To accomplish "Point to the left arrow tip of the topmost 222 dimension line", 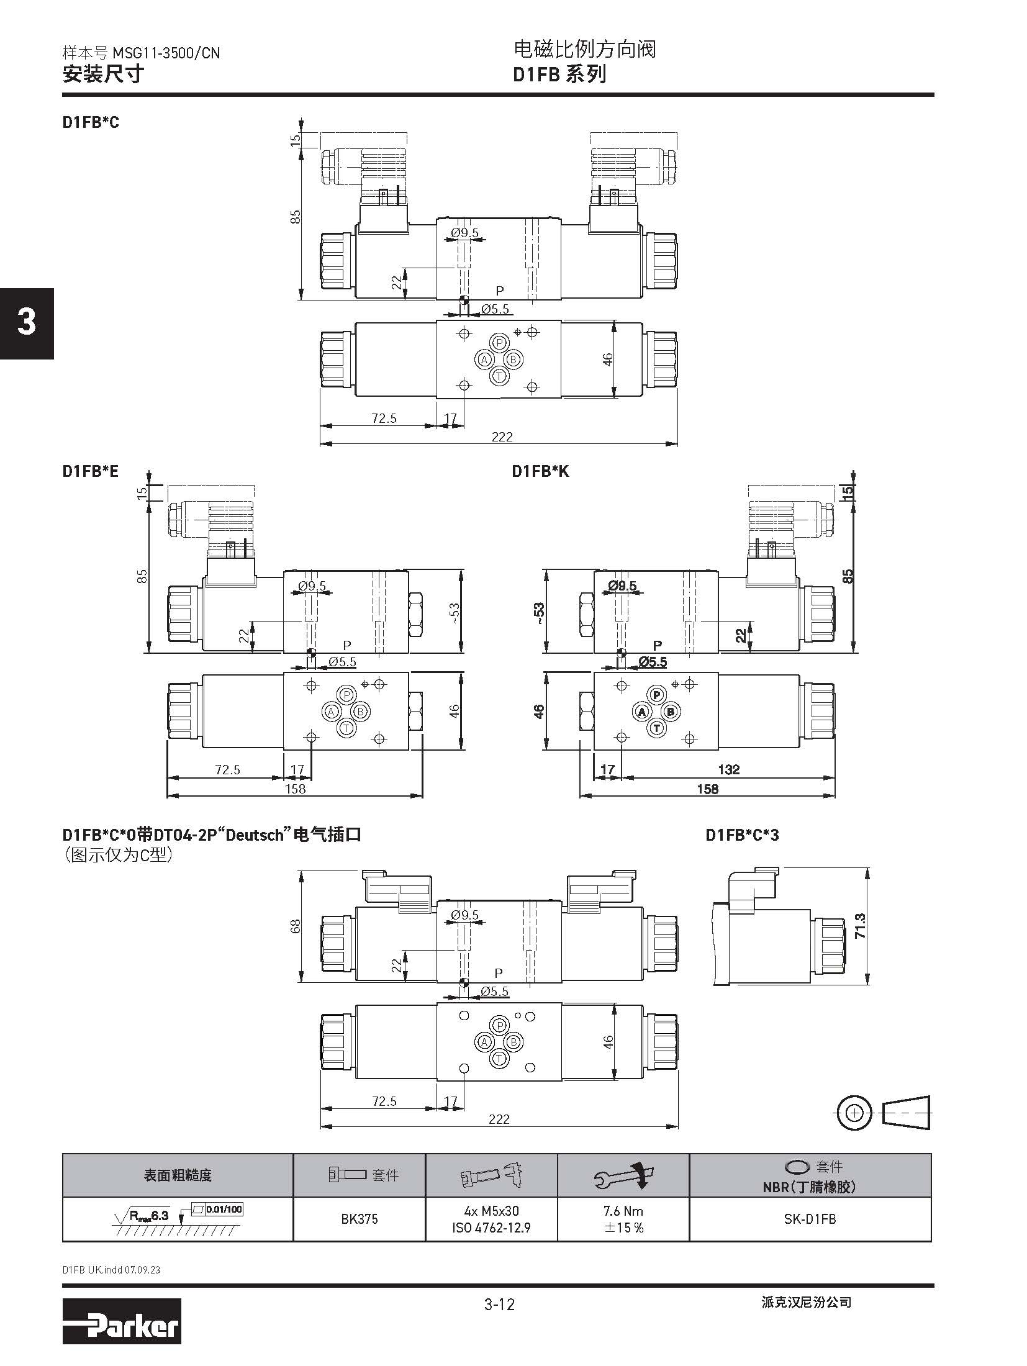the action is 320,444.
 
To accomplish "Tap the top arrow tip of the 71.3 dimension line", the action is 869,868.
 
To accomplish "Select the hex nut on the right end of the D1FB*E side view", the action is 416,614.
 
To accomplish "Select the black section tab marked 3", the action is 27,323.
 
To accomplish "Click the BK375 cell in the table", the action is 360,1219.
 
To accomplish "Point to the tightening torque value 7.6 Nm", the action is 624,1211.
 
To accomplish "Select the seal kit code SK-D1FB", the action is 810,1219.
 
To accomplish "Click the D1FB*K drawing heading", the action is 540,471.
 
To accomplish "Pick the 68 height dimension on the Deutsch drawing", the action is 296,926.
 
